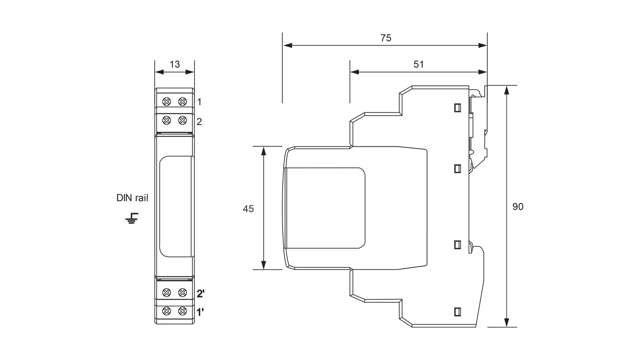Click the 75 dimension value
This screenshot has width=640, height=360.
click(386, 38)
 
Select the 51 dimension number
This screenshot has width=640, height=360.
click(419, 64)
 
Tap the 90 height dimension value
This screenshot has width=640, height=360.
click(518, 206)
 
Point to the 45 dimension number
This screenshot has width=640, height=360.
click(248, 209)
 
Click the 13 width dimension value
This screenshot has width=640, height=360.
click(175, 64)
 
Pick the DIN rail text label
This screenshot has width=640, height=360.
click(132, 198)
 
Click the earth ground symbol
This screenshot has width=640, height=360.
click(132, 218)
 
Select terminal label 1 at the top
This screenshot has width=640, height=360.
click(199, 102)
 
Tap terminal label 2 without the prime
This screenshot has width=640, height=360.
click(199, 122)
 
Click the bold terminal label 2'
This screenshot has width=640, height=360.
click(201, 293)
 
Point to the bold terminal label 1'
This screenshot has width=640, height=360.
click(200, 313)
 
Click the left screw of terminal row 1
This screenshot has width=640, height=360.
click(166, 102)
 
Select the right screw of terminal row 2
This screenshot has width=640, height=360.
click(183, 120)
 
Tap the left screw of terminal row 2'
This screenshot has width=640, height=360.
click(166, 293)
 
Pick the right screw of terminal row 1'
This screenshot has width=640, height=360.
click(183, 311)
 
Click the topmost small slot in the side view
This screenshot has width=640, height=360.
click(457, 108)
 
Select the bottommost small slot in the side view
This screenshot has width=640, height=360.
click(457, 312)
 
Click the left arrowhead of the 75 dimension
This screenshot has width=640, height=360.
click(288, 46)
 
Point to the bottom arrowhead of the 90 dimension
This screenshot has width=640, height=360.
click(506, 322)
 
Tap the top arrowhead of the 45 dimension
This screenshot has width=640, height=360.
click(264, 151)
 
